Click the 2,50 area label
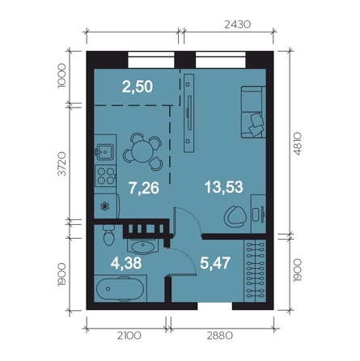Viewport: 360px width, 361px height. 138,87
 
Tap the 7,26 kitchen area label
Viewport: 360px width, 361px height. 144,188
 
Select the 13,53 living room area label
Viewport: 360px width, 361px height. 224,187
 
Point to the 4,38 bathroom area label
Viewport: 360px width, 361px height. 126,263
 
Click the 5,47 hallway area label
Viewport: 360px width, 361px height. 215,263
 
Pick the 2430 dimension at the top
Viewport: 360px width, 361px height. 238,24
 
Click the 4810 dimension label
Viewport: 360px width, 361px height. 297,143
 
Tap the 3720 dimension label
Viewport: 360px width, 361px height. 61,164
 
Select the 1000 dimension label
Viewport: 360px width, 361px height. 61,76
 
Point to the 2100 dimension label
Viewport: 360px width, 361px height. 129,336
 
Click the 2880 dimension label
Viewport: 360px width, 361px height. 220,336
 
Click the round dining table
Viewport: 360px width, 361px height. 142,151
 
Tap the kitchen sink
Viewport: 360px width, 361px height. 104,152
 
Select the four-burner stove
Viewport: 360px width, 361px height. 106,176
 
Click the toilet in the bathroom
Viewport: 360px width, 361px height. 109,235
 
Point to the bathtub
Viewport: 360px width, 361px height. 120,289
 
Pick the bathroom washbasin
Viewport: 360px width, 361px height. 142,246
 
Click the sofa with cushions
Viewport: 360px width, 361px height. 253,113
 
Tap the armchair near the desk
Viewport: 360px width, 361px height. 235,216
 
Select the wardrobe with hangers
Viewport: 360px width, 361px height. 255,270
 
